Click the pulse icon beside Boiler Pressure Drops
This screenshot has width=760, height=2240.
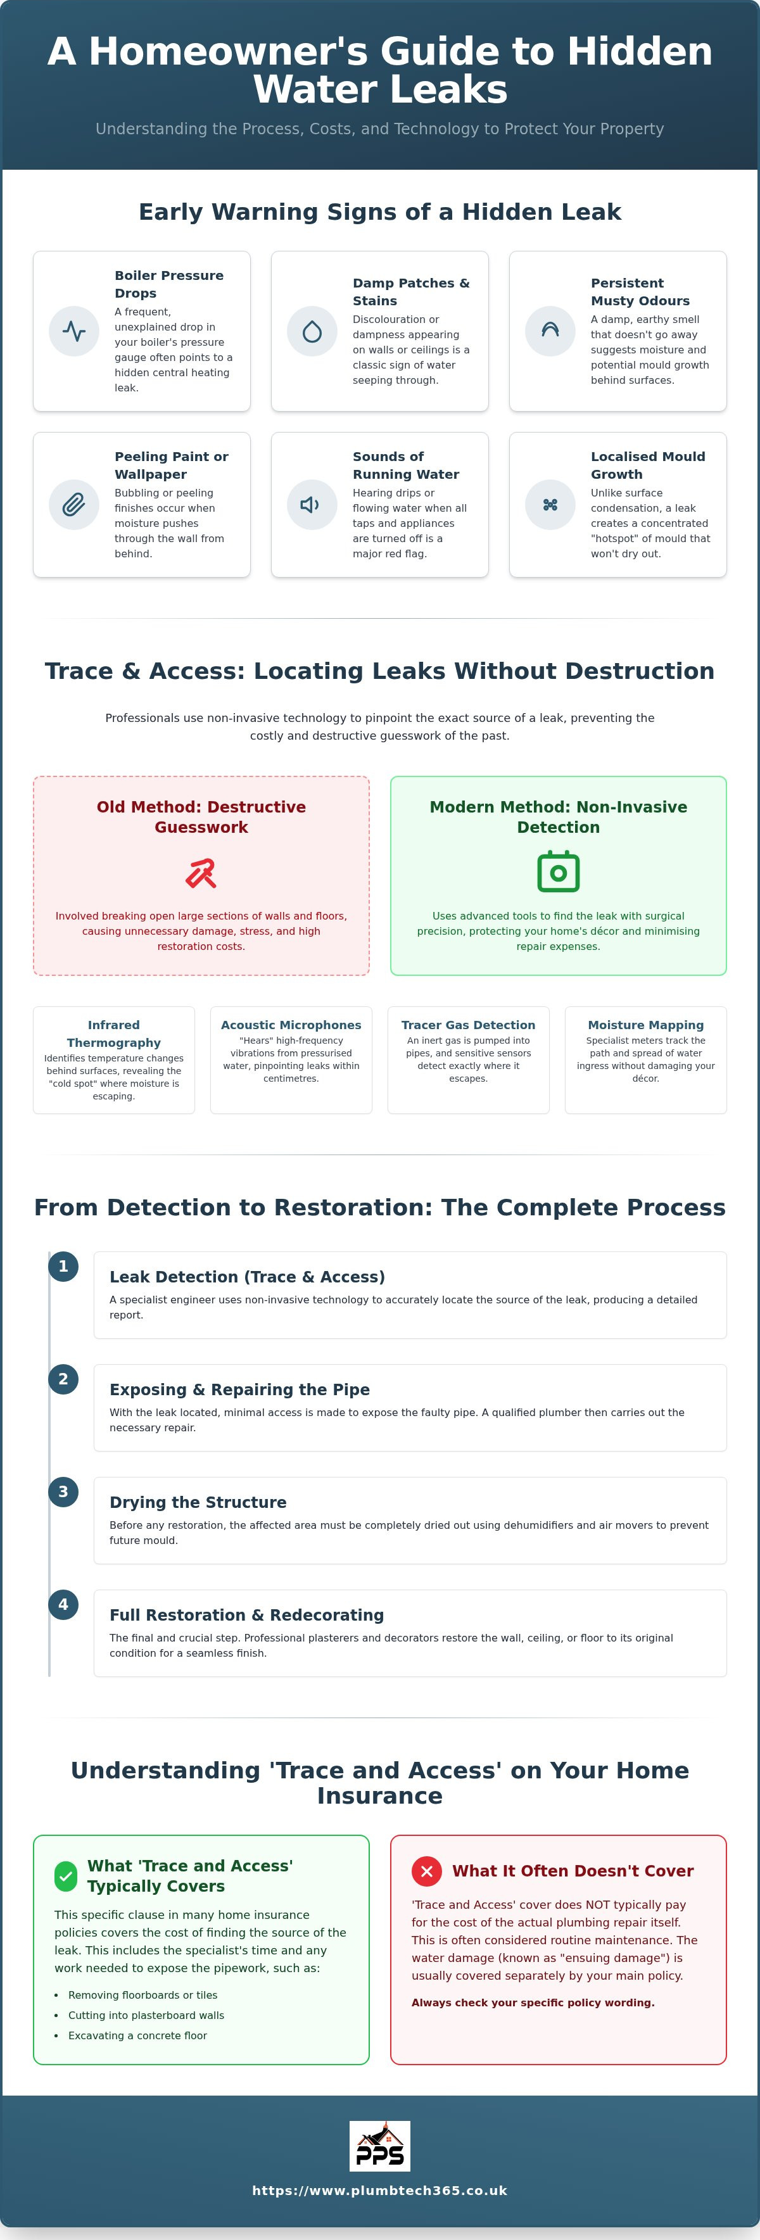pos(74,331)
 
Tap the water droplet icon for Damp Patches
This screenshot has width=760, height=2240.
pos(312,331)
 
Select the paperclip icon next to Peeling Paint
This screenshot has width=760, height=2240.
pos(74,504)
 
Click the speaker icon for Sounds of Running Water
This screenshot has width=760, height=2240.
pos(310,504)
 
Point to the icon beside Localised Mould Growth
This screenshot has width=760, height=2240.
pos(550,504)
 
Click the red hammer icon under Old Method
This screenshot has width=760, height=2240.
pos(201,872)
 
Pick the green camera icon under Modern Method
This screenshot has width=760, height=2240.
pos(558,871)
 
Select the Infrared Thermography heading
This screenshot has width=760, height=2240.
pos(114,1034)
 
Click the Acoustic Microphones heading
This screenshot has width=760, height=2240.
pos(291,1025)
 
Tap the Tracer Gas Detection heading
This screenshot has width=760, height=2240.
pos(469,1025)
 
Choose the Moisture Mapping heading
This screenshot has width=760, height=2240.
pos(646,1025)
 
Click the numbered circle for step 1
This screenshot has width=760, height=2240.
pos(63,1266)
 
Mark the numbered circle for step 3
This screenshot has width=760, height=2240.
pos(63,1491)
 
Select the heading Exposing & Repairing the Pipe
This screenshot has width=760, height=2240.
pos(240,1389)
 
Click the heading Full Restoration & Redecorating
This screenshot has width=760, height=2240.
pos(247,1615)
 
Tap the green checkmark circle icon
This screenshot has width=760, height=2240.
pos(66,1876)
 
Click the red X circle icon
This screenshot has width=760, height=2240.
pos(426,1870)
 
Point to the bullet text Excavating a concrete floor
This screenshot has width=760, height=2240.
pos(137,2035)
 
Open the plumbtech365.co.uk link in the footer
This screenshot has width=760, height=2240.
pos(380,2191)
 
